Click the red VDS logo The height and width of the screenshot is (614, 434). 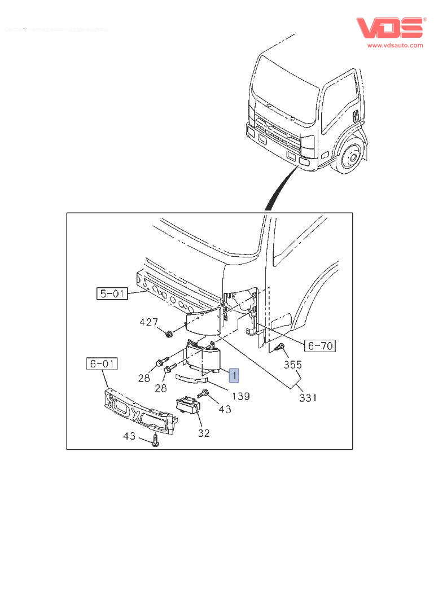[x=389, y=29]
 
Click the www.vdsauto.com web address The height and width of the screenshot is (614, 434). [x=395, y=46]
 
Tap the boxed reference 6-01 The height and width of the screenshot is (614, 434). [x=102, y=364]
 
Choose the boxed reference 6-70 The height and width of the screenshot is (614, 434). [x=319, y=345]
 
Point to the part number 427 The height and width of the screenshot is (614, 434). [x=149, y=322]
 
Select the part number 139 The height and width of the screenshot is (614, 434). [x=241, y=396]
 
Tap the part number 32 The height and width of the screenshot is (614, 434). [x=204, y=433]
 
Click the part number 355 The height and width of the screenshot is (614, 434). [x=293, y=365]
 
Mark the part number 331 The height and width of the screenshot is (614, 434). [x=308, y=398]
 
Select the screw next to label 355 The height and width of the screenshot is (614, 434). [x=279, y=349]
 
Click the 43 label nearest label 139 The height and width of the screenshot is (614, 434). [x=225, y=409]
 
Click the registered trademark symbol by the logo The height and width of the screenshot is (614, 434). [x=425, y=19]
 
